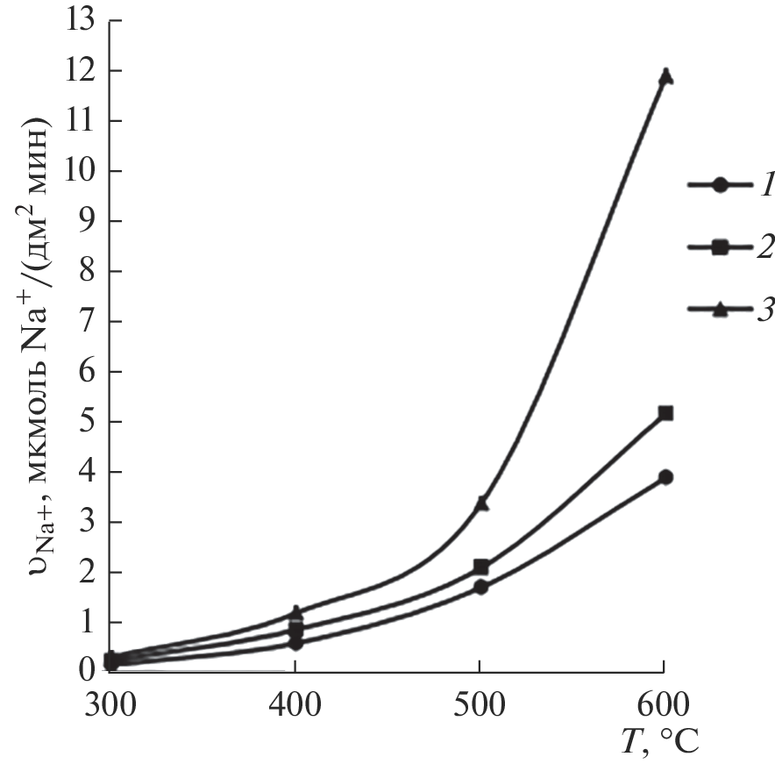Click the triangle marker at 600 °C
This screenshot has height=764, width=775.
pos(665,75)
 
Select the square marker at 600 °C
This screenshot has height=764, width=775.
pos(665,413)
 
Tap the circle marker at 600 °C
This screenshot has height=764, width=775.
pos(665,477)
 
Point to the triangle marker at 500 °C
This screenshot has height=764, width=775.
pos(480,503)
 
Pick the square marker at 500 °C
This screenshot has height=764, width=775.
pos(480,567)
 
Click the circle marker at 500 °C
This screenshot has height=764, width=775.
pos(480,587)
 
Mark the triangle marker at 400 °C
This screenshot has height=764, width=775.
pos(297,611)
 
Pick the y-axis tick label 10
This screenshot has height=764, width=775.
pos(84,170)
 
